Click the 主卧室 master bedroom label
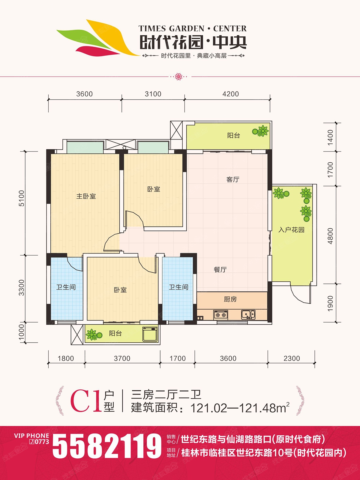(x=86, y=196)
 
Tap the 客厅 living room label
(x=233, y=179)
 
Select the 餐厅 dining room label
(x=220, y=270)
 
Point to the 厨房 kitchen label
(x=230, y=299)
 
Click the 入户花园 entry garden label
(x=291, y=230)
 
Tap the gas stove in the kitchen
(x=220, y=315)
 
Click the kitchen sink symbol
(x=248, y=315)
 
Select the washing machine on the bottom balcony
(x=150, y=334)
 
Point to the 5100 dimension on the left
(x=22, y=198)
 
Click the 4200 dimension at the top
(x=231, y=94)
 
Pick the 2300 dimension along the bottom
(x=292, y=358)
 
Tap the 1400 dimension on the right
(x=330, y=137)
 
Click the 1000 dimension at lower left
(x=22, y=332)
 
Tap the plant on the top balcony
(x=260, y=131)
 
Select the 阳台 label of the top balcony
(x=233, y=136)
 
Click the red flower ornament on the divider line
(x=179, y=77)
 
